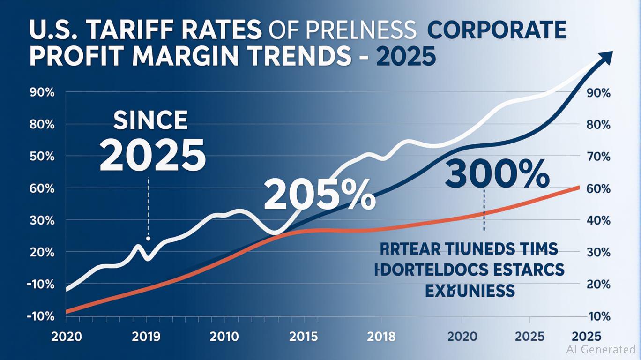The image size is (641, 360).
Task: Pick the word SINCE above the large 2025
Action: pyautogui.click(x=150, y=121)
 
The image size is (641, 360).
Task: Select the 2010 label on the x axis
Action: pyautogui.click(x=225, y=337)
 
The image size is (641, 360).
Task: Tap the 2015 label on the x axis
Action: pyautogui.click(x=303, y=337)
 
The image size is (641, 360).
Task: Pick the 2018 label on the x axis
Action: pyautogui.click(x=381, y=337)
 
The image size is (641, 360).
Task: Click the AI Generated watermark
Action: pyautogui.click(x=601, y=349)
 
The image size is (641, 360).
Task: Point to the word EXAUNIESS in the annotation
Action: pyautogui.click(x=470, y=291)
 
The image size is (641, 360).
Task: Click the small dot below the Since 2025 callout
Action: pyautogui.click(x=148, y=239)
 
